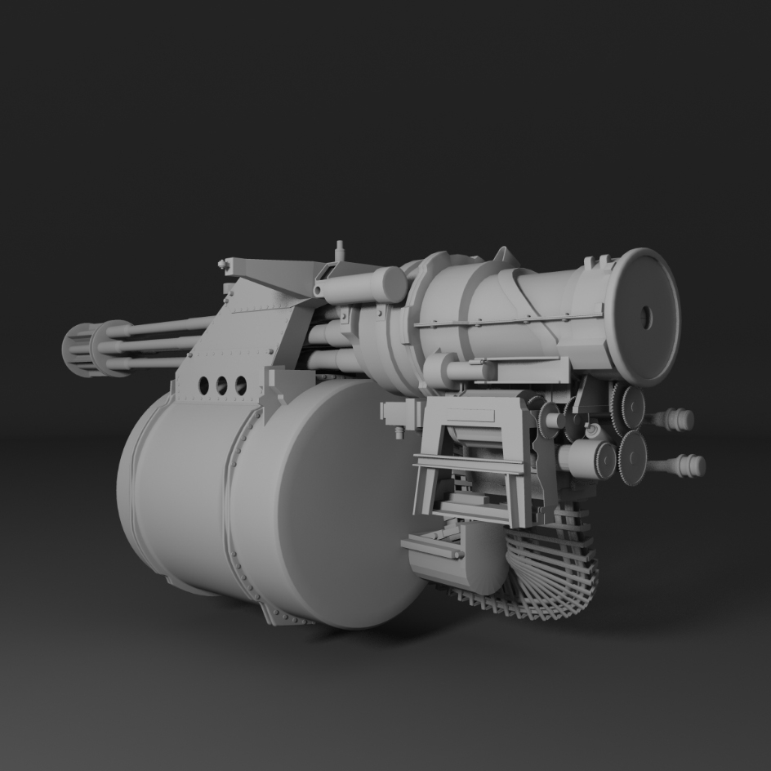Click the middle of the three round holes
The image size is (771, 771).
point(221,385)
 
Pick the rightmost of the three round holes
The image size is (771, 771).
point(241,385)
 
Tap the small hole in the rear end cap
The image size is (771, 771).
point(647,317)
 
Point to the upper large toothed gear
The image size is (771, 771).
point(627,406)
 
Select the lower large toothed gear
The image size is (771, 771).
point(633,457)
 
